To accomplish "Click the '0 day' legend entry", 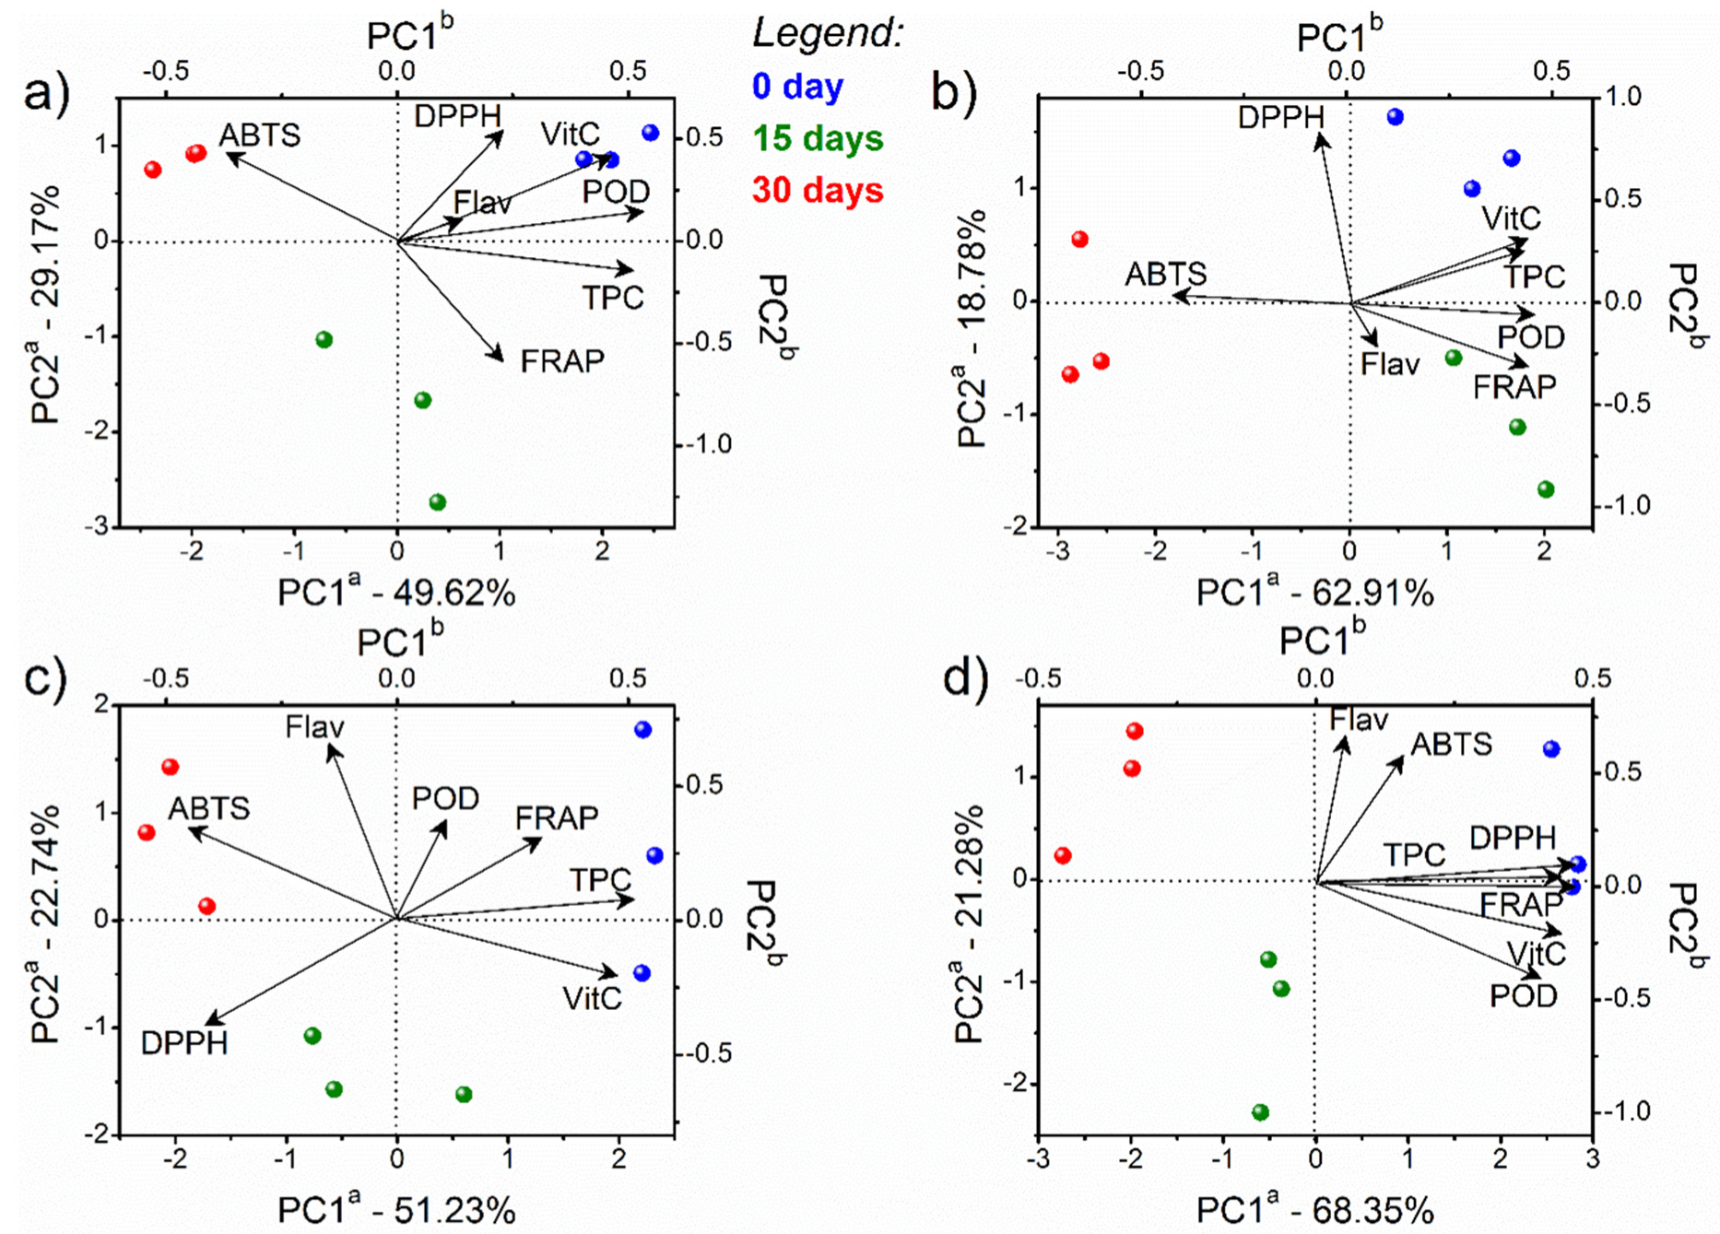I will (x=797, y=87).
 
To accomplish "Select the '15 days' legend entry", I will (x=818, y=138).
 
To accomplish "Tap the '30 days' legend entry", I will (x=818, y=191).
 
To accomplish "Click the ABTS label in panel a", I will (x=259, y=135).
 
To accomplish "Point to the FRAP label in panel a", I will (x=562, y=360).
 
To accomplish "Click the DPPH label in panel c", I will (x=184, y=1042).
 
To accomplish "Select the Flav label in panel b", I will (x=1390, y=364).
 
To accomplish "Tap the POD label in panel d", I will (x=1524, y=996).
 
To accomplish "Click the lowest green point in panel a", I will (x=438, y=502).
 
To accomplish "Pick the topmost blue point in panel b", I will (x=1395, y=117).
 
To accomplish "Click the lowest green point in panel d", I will (x=1260, y=1112).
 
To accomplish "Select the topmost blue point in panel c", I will (x=642, y=730).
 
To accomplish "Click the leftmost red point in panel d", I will (x=1063, y=855).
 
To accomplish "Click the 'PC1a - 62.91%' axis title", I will (x=1314, y=593).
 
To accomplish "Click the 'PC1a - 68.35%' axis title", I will (x=1314, y=1209).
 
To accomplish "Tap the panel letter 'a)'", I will (x=46, y=93).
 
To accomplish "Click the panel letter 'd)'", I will (x=965, y=679).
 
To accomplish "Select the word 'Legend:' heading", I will (x=828, y=33).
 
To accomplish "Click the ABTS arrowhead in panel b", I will (x=1176, y=296).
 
